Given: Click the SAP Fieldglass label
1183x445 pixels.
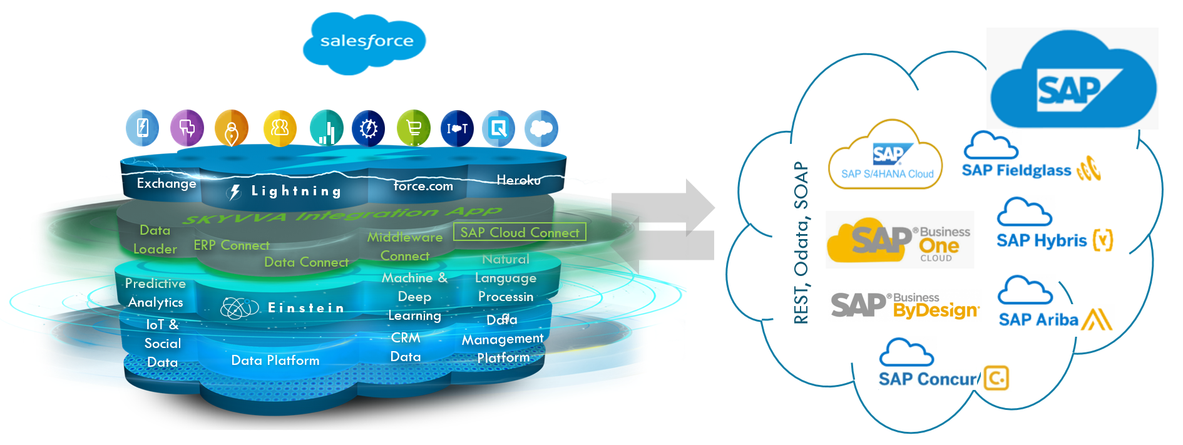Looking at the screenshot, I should point(1017,170).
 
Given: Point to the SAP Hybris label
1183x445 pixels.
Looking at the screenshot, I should point(1042,240).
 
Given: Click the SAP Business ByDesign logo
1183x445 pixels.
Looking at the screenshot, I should point(904,305).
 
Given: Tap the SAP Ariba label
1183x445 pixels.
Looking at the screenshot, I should point(1038,320).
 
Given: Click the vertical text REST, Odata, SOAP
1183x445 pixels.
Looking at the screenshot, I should point(801,243).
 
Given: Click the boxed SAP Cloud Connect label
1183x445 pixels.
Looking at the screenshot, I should point(520,232).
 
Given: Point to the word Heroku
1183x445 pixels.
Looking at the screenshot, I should point(518,180).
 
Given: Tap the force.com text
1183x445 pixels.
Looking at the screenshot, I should point(423,186).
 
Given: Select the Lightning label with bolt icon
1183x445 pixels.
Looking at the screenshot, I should point(285,192).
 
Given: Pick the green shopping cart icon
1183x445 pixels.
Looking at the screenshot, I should point(414,128).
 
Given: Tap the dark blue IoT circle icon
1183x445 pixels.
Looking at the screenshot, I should point(457,128).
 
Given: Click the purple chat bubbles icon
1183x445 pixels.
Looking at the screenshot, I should point(187,128).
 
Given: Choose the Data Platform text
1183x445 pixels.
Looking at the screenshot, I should point(275,361).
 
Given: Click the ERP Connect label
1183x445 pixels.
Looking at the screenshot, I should point(232,245).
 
